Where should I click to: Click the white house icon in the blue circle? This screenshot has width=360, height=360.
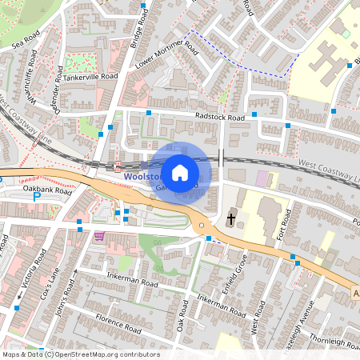(180, 172)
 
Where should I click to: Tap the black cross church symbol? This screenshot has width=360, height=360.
(232, 218)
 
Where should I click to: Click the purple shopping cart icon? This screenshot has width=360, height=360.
(99, 236)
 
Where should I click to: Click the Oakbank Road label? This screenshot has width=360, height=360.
(48, 192)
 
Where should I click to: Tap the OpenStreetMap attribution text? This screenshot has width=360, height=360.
(80, 354)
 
